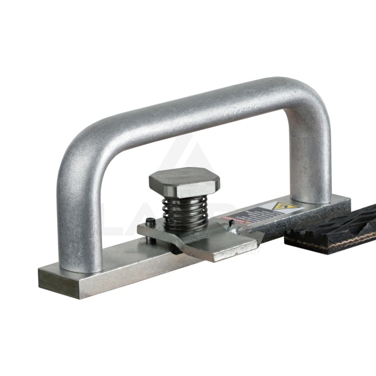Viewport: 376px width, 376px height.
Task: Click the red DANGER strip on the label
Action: coord(230,219)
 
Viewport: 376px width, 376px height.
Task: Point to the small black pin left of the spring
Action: coord(149,222)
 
